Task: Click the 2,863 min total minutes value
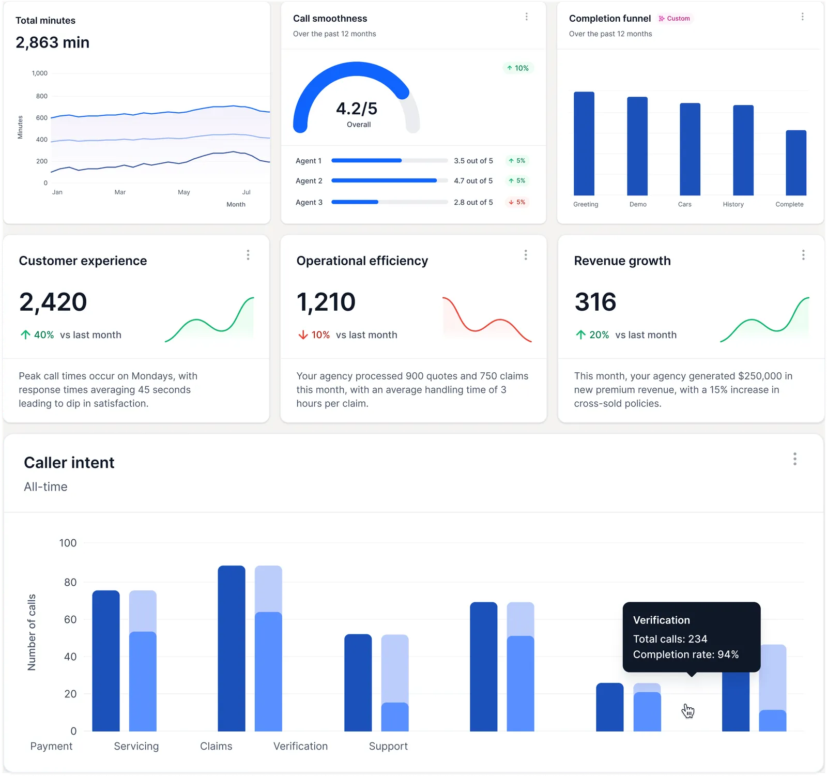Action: click(x=52, y=42)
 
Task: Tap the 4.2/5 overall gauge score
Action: click(x=357, y=109)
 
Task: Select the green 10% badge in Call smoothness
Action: click(x=518, y=68)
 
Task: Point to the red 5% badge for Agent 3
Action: click(x=517, y=202)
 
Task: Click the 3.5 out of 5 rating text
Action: click(x=473, y=161)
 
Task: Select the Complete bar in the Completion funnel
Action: click(x=795, y=163)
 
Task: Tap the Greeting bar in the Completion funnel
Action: click(x=584, y=144)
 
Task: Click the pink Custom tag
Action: click(x=675, y=19)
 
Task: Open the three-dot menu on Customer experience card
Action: click(x=248, y=255)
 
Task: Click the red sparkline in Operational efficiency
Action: click(x=486, y=321)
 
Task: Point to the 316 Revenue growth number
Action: click(x=595, y=302)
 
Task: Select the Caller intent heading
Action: click(x=69, y=463)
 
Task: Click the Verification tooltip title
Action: click(x=661, y=620)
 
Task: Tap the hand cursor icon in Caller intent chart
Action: click(x=687, y=711)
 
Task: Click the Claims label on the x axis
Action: click(x=216, y=746)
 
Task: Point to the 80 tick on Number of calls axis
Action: click(x=70, y=583)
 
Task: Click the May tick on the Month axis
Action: click(x=184, y=192)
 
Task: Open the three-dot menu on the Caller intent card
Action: click(x=795, y=459)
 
